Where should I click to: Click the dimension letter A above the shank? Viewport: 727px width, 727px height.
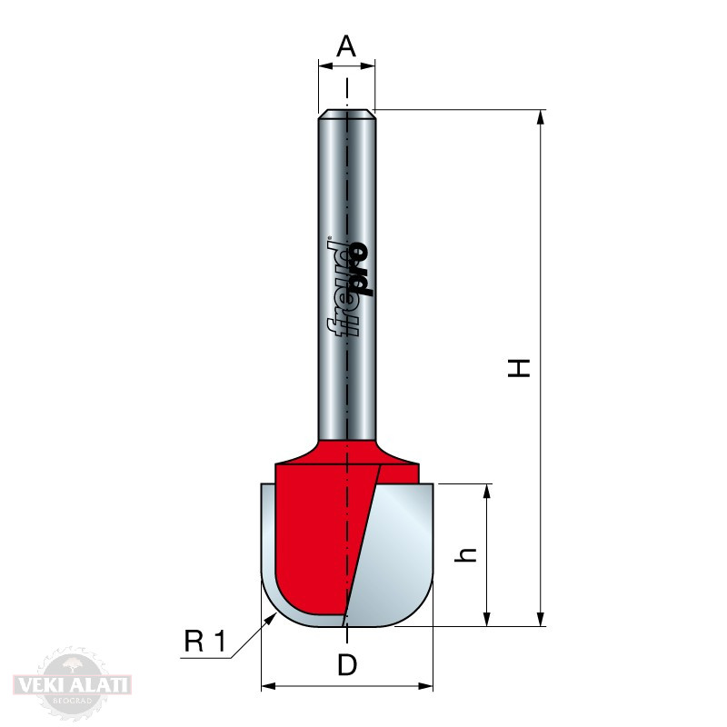346,46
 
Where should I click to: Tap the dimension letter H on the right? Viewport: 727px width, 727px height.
519,368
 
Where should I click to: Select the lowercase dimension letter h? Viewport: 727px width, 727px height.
466,554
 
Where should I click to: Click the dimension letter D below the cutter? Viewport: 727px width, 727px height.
347,664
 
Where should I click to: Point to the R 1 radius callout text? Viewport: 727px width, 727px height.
204,642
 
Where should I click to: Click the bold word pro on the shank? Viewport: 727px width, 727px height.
361,269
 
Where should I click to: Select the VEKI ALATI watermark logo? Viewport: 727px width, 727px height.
73,684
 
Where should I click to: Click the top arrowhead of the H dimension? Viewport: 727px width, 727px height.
540,118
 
